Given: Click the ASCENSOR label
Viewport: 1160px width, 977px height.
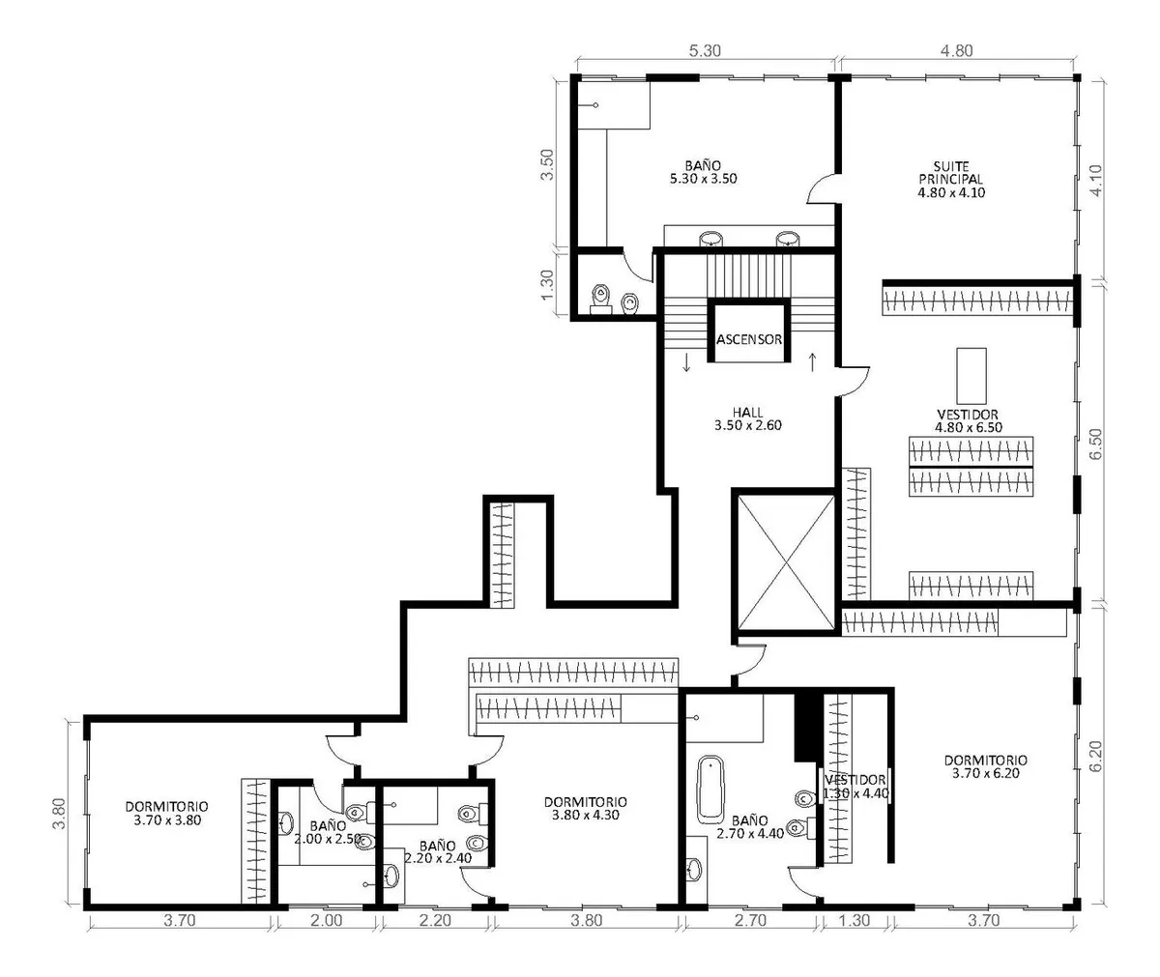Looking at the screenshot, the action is (749, 339).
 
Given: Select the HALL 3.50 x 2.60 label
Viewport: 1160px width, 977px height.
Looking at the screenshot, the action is (748, 418).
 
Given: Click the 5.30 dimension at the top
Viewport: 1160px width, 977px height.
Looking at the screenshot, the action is (705, 50).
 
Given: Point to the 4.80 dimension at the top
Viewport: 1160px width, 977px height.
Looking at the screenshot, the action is (957, 50).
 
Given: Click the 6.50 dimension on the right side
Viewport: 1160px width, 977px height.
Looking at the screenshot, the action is (1095, 444).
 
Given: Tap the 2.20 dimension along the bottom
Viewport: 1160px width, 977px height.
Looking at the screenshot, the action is (435, 920).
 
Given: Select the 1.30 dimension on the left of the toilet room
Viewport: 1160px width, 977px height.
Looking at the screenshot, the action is (547, 285).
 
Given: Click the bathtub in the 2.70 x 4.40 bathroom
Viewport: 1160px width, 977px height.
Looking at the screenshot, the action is (710, 790).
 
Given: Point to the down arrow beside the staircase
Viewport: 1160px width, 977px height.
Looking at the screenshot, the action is (686, 362).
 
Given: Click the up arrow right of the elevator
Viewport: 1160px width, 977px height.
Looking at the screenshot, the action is (812, 362).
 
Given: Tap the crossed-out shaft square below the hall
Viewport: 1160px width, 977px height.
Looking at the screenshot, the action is (786, 561).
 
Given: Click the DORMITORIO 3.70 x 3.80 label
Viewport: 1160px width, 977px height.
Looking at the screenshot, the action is (166, 813).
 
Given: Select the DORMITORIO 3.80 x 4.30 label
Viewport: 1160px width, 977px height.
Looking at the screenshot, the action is (586, 808).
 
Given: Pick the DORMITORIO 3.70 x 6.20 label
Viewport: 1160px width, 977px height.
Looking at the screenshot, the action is (986, 766).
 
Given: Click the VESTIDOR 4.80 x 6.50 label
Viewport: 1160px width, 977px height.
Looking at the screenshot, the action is (969, 420).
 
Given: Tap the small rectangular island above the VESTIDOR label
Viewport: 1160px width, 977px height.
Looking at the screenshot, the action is (971, 376).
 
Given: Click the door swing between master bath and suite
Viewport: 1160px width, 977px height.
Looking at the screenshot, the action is (821, 187).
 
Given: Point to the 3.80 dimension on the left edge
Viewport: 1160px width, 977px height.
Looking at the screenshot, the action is (59, 813).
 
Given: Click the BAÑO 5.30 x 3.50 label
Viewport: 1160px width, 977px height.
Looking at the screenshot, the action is (704, 172).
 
